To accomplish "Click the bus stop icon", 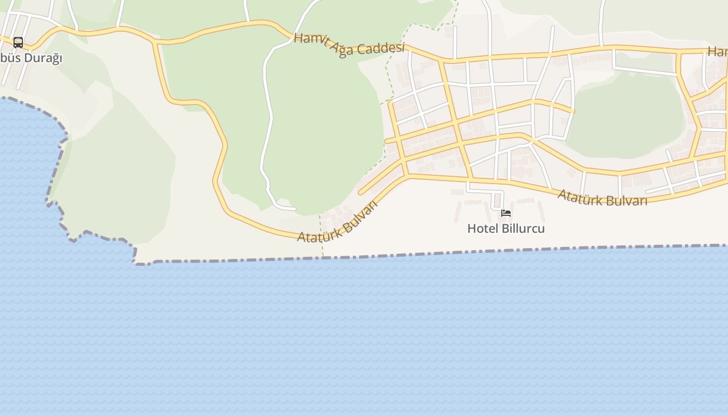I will [x=18, y=42].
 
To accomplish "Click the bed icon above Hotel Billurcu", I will [x=506, y=213].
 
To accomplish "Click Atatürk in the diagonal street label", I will [x=318, y=232].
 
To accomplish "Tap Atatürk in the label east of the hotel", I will [x=579, y=197].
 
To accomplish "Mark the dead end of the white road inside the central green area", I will [x=295, y=209].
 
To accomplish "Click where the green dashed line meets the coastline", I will [x=323, y=257].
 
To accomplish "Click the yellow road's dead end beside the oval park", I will [x=573, y=111].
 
